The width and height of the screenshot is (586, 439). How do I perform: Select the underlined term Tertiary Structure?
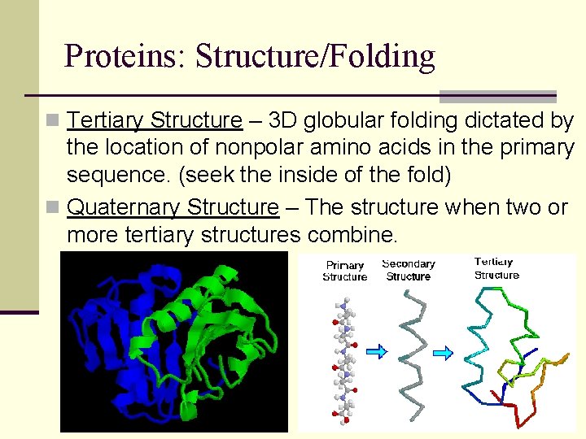(155, 121)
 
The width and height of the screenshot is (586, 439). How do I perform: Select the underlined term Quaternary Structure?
(173, 207)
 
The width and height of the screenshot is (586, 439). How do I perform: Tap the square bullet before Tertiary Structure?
(53, 121)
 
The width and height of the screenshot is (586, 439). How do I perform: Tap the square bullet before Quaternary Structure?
(53, 207)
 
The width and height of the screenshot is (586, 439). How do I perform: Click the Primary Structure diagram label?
(344, 271)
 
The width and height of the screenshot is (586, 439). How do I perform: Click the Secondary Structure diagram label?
(409, 270)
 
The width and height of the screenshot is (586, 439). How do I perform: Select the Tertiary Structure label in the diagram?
(496, 268)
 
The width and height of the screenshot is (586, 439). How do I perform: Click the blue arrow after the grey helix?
(444, 352)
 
